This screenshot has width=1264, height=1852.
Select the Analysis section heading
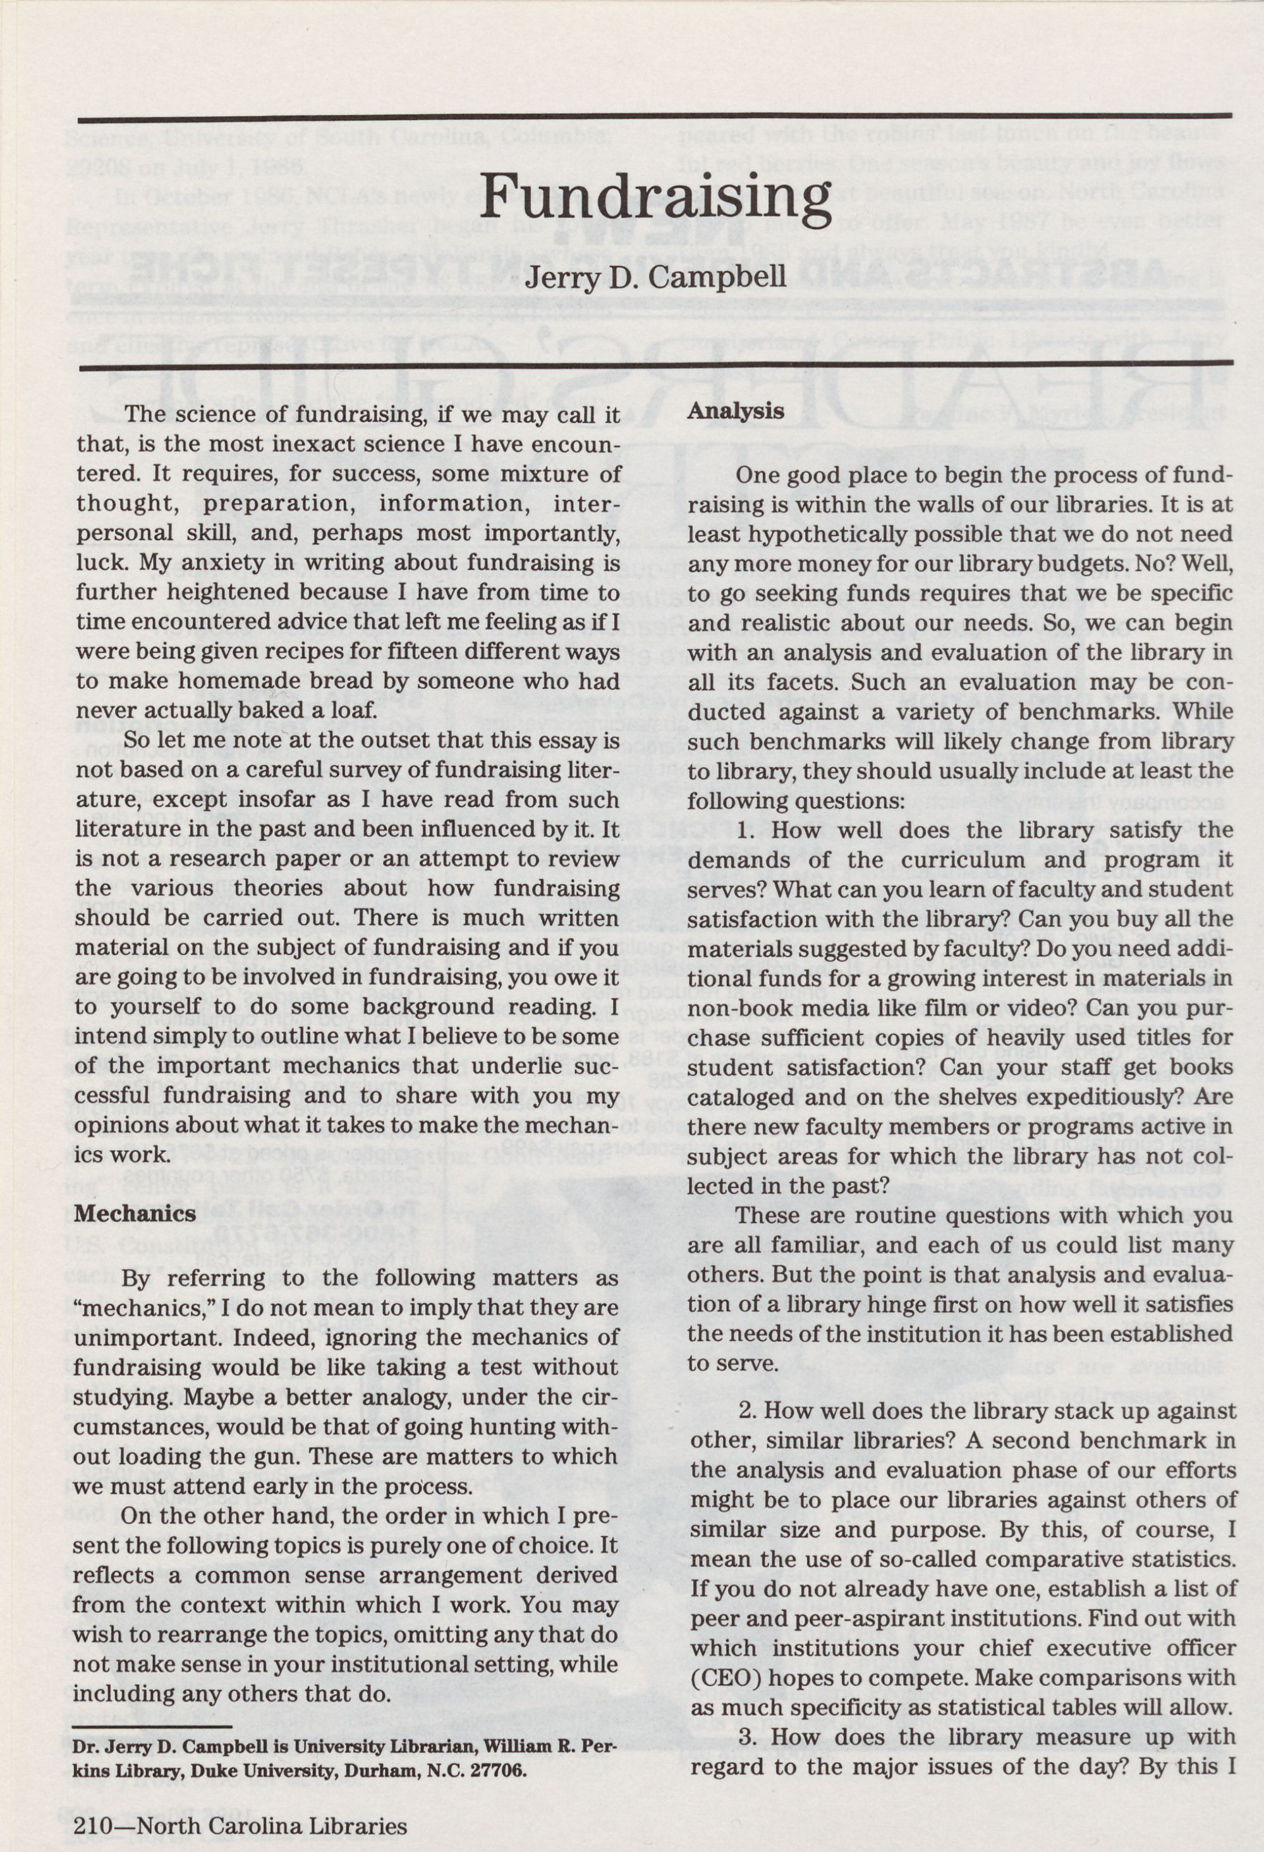(735, 412)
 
